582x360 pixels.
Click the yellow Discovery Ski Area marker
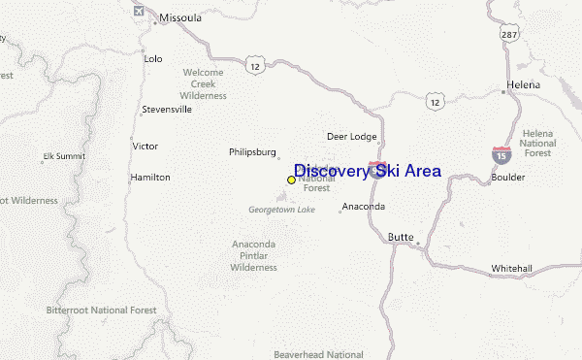pyautogui.click(x=291, y=180)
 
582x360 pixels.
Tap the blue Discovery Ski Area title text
pyautogui.click(x=367, y=171)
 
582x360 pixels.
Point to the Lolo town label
pyautogui.click(x=153, y=58)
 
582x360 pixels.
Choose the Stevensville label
pyautogui.click(x=167, y=110)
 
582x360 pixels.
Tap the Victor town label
pyautogui.click(x=145, y=146)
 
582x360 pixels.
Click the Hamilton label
pyautogui.click(x=150, y=178)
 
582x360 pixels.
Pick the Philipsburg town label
pyautogui.click(x=253, y=151)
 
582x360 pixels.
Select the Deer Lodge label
pyautogui.click(x=351, y=137)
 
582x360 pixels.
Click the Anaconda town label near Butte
pyautogui.click(x=364, y=207)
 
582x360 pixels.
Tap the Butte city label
pyautogui.click(x=401, y=237)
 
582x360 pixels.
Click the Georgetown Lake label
pyautogui.click(x=281, y=210)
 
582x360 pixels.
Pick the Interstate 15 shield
pyautogui.click(x=501, y=153)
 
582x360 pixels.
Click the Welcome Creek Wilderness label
pyautogui.click(x=203, y=84)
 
